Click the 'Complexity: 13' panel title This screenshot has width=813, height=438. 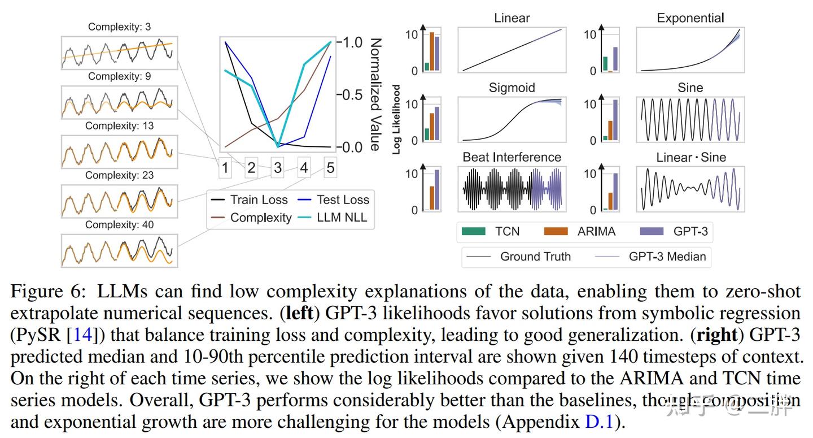pyautogui.click(x=119, y=126)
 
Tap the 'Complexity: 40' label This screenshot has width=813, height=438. pyautogui.click(x=119, y=225)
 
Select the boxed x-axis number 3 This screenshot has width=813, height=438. pyautogui.click(x=278, y=168)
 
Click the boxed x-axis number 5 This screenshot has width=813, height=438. pyautogui.click(x=330, y=168)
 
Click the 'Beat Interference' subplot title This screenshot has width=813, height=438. pyautogui.click(x=512, y=157)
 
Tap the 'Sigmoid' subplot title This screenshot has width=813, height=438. pyautogui.click(x=512, y=88)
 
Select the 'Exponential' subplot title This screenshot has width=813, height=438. pyautogui.click(x=690, y=18)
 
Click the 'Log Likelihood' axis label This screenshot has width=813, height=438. pyautogui.click(x=396, y=119)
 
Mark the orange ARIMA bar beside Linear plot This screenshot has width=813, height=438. pyautogui.click(x=432, y=52)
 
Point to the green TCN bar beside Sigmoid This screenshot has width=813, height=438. pyautogui.click(x=427, y=135)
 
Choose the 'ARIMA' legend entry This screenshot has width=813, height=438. pyautogui.click(x=595, y=231)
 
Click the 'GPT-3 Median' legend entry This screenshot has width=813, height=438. pyautogui.click(x=667, y=257)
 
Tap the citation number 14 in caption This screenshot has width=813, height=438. pyautogui.click(x=82, y=335)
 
